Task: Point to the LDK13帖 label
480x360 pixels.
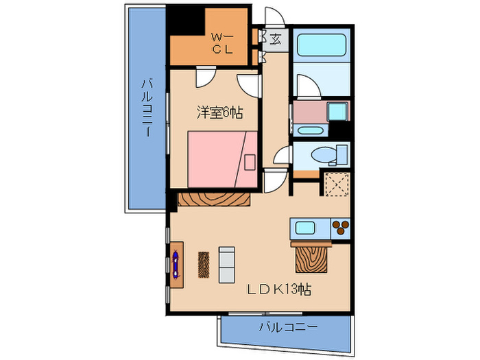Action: [x=279, y=289]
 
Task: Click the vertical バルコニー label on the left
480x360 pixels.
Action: [x=147, y=107]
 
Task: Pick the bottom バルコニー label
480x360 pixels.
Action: [x=288, y=326]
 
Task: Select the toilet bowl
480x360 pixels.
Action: [x=323, y=156]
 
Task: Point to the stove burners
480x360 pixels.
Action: [x=340, y=227]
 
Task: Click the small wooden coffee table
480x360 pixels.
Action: [x=203, y=264]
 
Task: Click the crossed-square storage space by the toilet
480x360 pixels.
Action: [x=337, y=184]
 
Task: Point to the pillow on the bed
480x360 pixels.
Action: [x=250, y=162]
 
